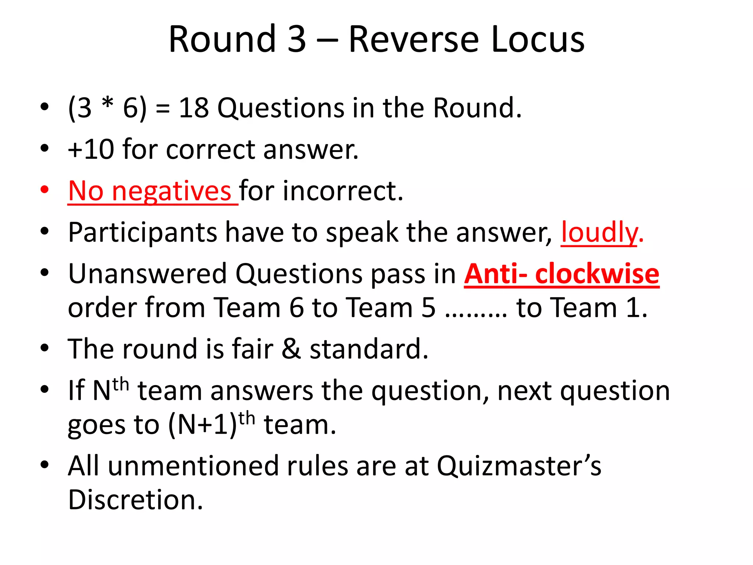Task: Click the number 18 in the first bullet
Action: (x=194, y=108)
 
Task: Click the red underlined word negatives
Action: (x=171, y=191)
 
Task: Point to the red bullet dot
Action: (x=44, y=190)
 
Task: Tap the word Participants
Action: (x=143, y=232)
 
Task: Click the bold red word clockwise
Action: (x=597, y=274)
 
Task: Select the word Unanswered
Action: (x=147, y=274)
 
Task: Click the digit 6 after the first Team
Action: (x=296, y=308)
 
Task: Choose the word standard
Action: (x=369, y=349)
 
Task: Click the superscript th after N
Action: (x=121, y=385)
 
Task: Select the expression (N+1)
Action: (x=203, y=424)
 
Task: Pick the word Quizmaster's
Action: (x=519, y=466)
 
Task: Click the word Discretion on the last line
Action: (x=135, y=500)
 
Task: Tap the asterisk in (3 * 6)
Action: (x=107, y=104)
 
